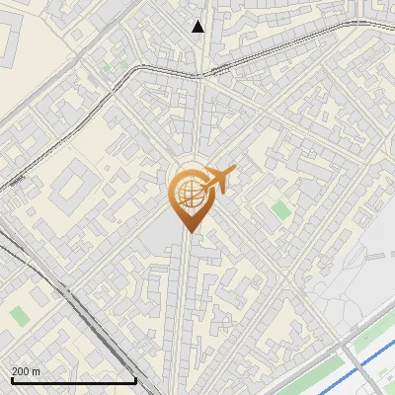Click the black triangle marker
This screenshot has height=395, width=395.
point(198,27)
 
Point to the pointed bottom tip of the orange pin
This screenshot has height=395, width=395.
point(188,231)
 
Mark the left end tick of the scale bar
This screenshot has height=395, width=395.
point(11,379)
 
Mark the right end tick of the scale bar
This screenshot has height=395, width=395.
point(135,379)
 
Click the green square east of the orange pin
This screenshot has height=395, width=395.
point(281,209)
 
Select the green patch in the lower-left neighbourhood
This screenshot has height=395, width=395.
point(19,316)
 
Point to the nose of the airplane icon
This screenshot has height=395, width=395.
point(233,172)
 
